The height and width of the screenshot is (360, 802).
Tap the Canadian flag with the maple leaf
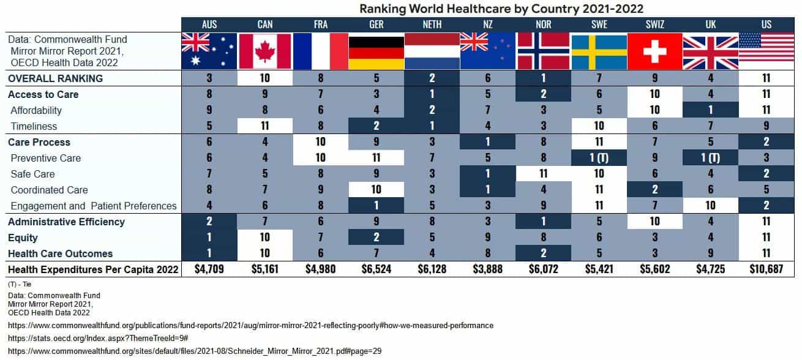[x=265, y=51]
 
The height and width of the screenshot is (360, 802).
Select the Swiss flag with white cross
[x=654, y=51]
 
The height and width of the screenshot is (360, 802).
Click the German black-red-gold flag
[x=376, y=51]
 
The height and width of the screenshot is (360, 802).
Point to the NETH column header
[x=432, y=24]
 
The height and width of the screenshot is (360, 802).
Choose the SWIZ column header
[x=654, y=24]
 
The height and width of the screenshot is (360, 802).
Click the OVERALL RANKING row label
[x=55, y=78]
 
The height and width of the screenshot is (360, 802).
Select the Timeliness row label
[x=34, y=126]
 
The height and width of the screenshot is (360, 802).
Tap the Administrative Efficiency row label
[x=66, y=222]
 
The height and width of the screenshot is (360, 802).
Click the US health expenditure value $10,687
[x=766, y=269]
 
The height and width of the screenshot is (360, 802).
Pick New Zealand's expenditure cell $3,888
[x=487, y=269]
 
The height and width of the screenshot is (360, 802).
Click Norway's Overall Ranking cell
[x=543, y=78]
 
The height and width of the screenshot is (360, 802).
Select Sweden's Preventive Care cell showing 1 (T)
[x=599, y=158]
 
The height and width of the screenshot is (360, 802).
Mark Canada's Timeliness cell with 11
[x=265, y=126]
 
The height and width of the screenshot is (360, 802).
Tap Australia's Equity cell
[x=209, y=238]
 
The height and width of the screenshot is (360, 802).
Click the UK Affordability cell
[x=710, y=110]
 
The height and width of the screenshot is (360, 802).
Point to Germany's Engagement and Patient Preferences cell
[x=376, y=206]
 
